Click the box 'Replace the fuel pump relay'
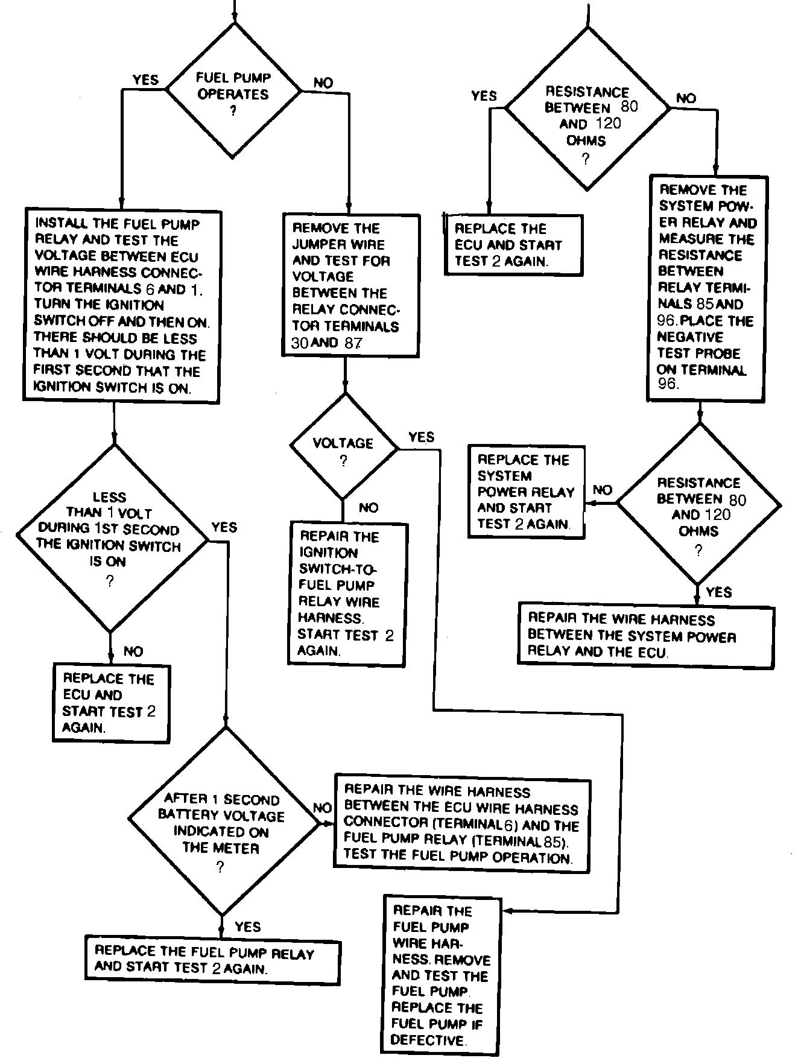[213, 960]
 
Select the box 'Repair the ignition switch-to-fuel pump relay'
[346, 594]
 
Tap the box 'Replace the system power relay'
[527, 492]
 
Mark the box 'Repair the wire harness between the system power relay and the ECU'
[645, 635]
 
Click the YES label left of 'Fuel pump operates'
[145, 80]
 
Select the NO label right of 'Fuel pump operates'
[323, 83]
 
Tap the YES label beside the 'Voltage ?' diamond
[421, 437]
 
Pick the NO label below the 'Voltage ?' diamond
[369, 508]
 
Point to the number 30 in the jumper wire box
[300, 344]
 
